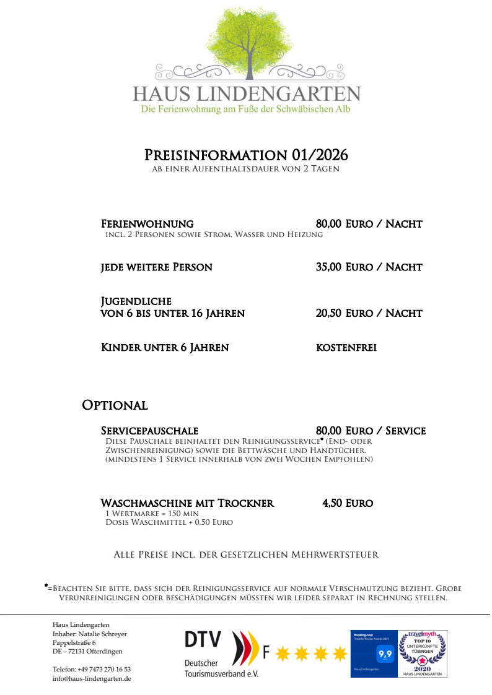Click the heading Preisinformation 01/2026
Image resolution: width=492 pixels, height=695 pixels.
tap(246, 155)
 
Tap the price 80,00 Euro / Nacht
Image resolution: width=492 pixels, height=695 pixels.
tap(369, 223)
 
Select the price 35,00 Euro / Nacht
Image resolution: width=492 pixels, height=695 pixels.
tap(369, 267)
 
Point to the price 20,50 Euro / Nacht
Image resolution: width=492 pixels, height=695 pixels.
tap(369, 313)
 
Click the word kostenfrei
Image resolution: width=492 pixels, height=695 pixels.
tap(346, 348)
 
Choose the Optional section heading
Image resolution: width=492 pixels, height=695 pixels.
tap(115, 405)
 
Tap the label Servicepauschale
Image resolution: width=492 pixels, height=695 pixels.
tap(149, 430)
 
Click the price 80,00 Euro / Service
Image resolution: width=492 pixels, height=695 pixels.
tap(371, 430)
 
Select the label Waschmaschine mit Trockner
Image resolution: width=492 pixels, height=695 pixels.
tap(187, 503)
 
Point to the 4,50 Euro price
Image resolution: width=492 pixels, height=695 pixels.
tap(347, 503)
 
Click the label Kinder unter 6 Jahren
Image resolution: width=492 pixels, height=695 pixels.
tap(165, 348)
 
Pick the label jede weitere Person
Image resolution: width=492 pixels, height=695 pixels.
tap(157, 267)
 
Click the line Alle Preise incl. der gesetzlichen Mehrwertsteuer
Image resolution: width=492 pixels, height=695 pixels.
tap(246, 555)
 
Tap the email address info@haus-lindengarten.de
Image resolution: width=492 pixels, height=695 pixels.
tap(92, 678)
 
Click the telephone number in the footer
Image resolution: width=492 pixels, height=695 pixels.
tap(92, 669)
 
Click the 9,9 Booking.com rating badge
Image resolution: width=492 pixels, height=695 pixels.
tap(385, 653)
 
